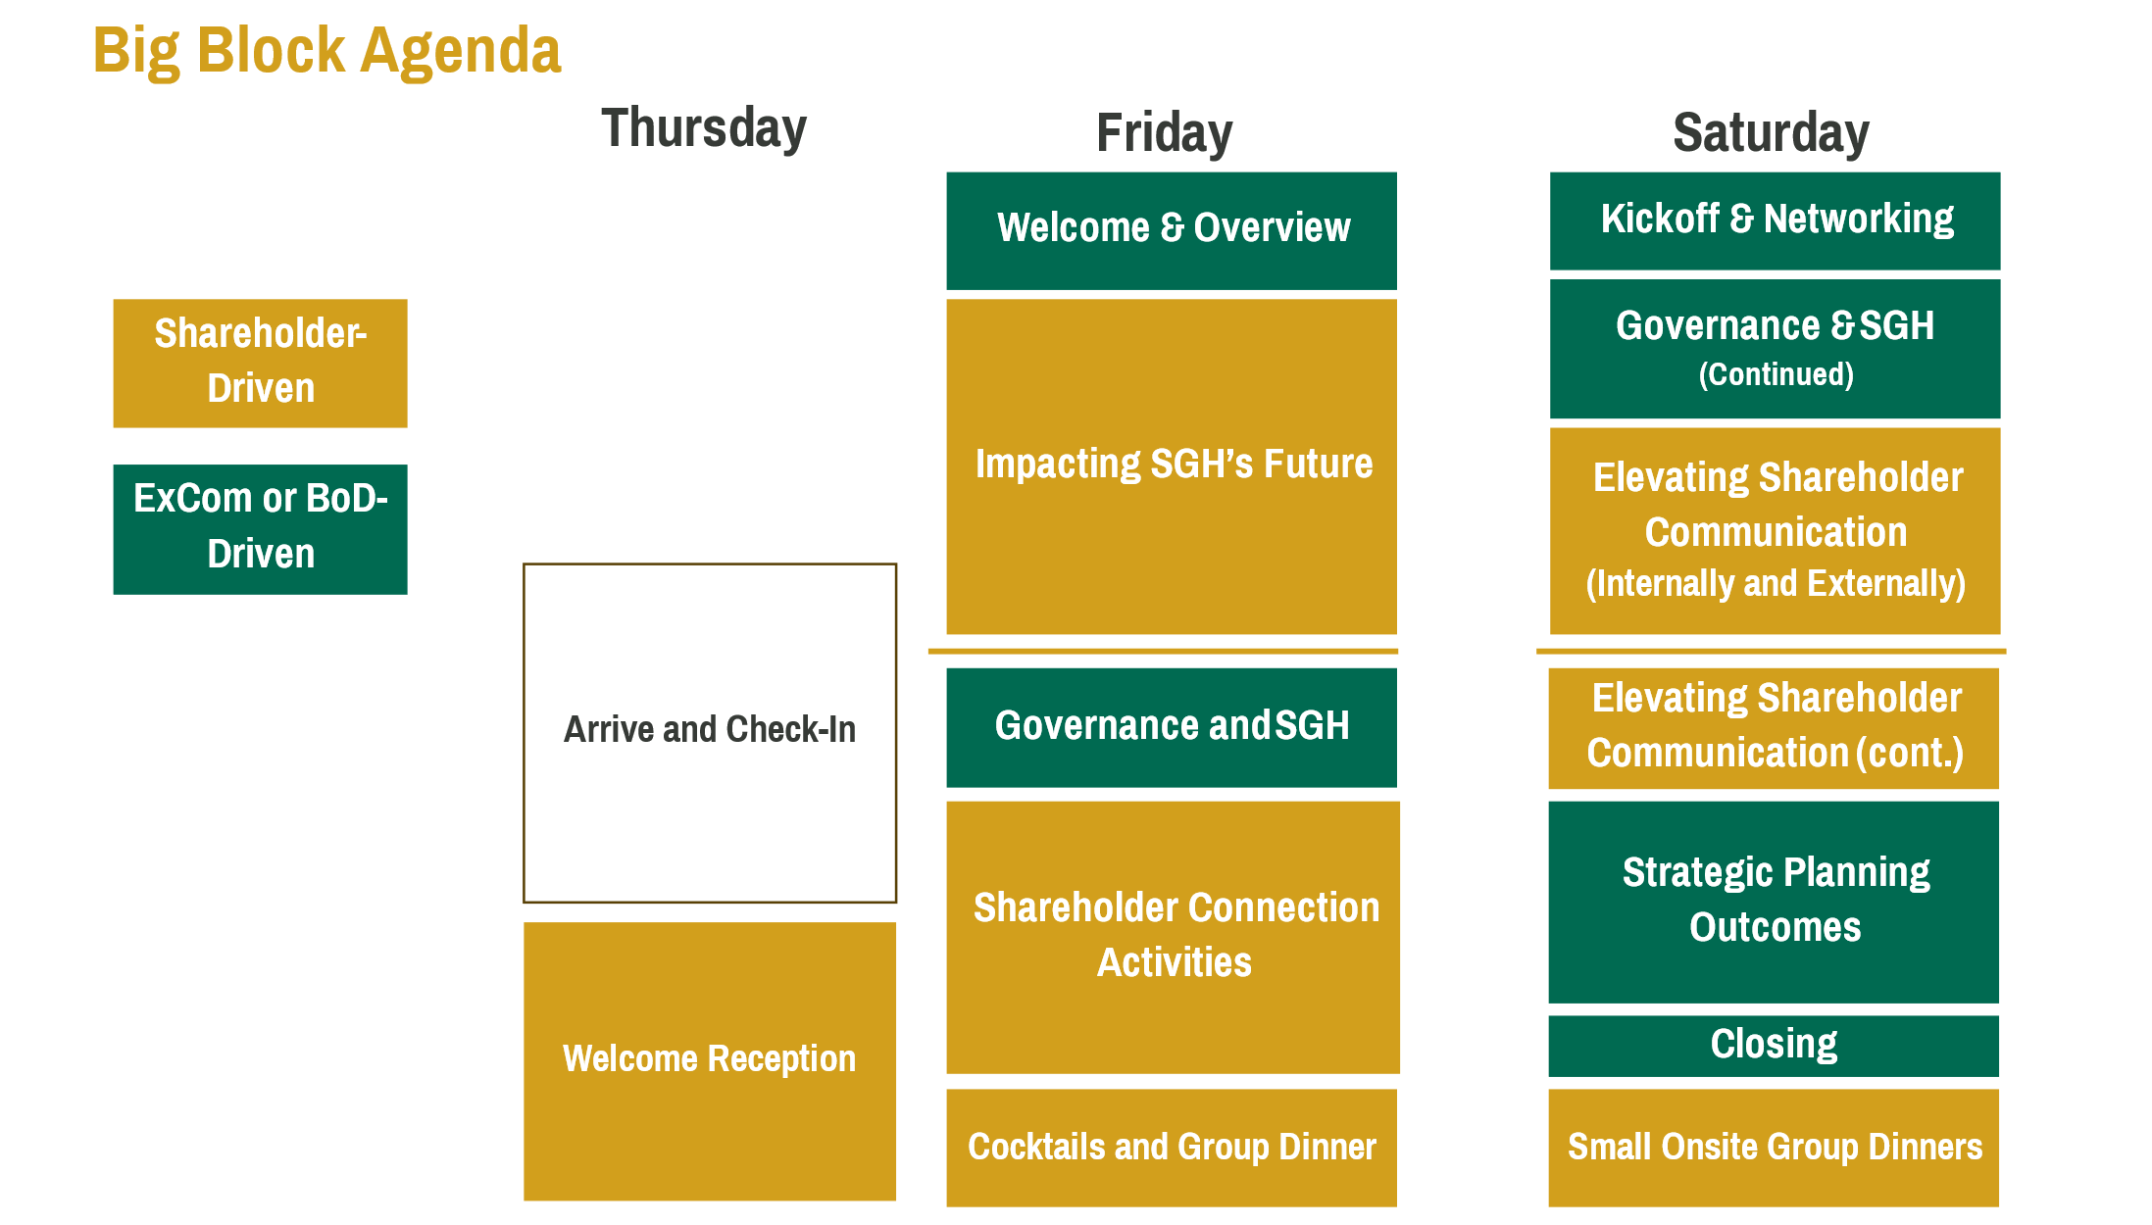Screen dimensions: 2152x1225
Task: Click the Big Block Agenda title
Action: (x=326, y=51)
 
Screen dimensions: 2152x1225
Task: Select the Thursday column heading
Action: (x=704, y=128)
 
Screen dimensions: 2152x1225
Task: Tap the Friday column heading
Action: (x=1164, y=133)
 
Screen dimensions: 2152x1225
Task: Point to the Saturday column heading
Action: (x=1771, y=133)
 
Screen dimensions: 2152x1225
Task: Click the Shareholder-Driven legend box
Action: (x=260, y=364)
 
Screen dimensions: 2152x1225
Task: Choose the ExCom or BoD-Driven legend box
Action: (x=260, y=529)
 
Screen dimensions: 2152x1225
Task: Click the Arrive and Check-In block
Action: (x=710, y=733)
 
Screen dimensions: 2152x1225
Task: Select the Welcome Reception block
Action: (x=710, y=1061)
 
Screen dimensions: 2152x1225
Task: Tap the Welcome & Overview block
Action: (x=1172, y=231)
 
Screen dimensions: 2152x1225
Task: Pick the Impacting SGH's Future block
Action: (x=1172, y=466)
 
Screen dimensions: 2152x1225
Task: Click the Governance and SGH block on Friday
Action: (x=1172, y=728)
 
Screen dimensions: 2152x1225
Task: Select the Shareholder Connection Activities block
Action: (x=1173, y=938)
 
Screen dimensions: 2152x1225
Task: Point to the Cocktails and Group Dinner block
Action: (x=1172, y=1148)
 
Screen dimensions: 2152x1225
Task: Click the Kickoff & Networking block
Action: (x=1775, y=221)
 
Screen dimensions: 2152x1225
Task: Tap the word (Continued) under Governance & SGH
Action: (x=1776, y=374)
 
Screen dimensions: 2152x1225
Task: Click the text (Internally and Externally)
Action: (x=1776, y=583)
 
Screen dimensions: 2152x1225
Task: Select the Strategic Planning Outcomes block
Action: (x=1774, y=903)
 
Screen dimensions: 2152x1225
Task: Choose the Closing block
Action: (x=1774, y=1046)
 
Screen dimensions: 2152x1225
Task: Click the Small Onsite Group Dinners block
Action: (x=1774, y=1148)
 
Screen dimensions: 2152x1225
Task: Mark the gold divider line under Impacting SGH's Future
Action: (x=1163, y=651)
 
